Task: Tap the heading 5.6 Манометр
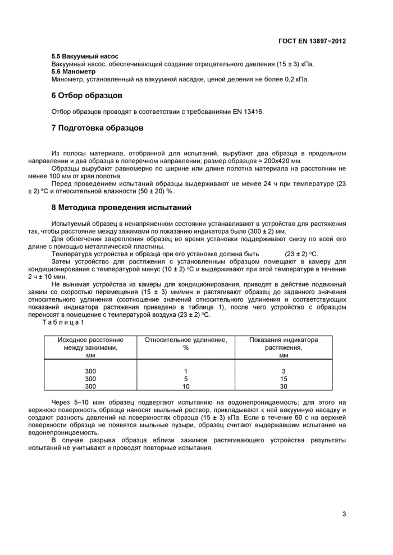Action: point(74,72)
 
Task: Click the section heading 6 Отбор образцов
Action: point(86,96)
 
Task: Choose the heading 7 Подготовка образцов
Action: point(97,128)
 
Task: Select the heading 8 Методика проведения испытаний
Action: point(121,207)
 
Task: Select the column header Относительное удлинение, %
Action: point(186,344)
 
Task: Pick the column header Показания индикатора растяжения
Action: point(284,344)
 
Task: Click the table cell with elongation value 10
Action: point(186,386)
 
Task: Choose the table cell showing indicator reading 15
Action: point(284,378)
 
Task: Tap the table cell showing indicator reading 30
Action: point(284,386)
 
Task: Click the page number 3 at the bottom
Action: point(344,514)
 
